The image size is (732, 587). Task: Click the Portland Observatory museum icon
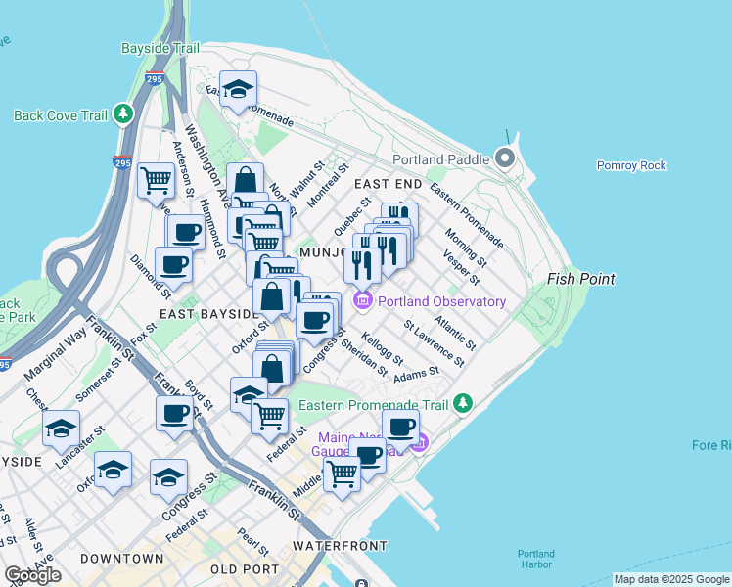pos(363,301)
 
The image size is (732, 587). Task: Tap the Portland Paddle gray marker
pos(505,158)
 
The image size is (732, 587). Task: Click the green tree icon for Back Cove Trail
pos(123,115)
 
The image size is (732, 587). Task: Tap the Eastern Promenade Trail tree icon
pos(462,404)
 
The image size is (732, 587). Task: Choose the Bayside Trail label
pos(160,48)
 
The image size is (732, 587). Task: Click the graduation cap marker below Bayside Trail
pos(238,90)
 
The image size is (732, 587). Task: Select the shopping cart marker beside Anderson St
pos(156,180)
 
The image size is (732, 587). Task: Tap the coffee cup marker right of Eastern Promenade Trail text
pos(400,428)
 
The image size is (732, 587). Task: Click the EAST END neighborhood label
pos(388,184)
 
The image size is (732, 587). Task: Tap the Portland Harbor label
pos(536,558)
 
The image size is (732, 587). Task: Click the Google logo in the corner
pos(32,575)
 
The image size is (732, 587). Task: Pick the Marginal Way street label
pos(56,357)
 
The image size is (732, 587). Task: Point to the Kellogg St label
pos(382,347)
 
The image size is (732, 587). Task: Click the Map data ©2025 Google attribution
pos(671,579)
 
